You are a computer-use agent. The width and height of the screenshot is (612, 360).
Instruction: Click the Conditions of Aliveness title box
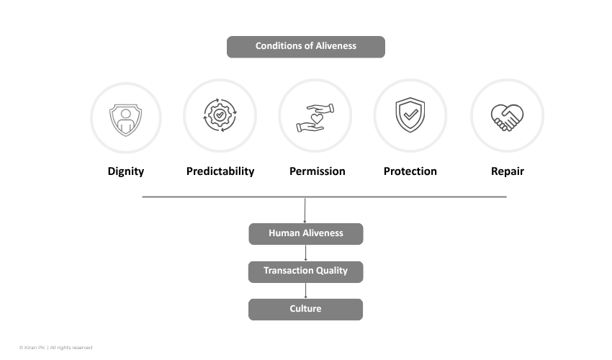tap(305, 47)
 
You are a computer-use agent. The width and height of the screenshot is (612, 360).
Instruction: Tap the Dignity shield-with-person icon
tap(126, 120)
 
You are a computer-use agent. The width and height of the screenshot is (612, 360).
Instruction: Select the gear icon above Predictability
tap(220, 115)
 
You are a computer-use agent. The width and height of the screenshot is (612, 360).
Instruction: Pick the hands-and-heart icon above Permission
tap(315, 117)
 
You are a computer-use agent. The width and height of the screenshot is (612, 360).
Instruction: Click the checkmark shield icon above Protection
tap(410, 114)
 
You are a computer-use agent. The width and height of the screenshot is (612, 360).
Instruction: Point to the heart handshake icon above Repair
tap(507, 117)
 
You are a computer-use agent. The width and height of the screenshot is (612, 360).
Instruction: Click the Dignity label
tap(126, 171)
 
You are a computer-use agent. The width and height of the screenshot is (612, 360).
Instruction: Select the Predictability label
tap(220, 171)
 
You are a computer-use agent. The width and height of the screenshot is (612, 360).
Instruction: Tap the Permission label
tap(318, 171)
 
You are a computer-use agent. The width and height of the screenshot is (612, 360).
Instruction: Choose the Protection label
tap(410, 171)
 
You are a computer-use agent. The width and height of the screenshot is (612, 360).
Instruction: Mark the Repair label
tap(508, 171)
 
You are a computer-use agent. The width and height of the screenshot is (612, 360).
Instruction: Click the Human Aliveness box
tap(306, 234)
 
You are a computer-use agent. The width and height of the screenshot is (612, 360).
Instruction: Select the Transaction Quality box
tap(305, 271)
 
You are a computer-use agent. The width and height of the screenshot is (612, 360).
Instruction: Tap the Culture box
tap(305, 310)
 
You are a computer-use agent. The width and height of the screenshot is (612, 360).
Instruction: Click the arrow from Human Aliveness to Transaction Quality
tap(305, 253)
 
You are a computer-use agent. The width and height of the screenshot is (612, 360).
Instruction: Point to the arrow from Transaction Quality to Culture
tap(305, 291)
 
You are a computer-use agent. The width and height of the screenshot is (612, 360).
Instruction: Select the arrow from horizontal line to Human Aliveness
tap(305, 210)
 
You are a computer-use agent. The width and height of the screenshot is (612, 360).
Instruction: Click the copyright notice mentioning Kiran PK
tap(56, 348)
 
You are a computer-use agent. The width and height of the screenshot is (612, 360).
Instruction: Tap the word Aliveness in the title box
tap(336, 45)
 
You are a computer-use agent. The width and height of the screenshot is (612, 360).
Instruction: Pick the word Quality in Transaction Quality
tap(332, 271)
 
